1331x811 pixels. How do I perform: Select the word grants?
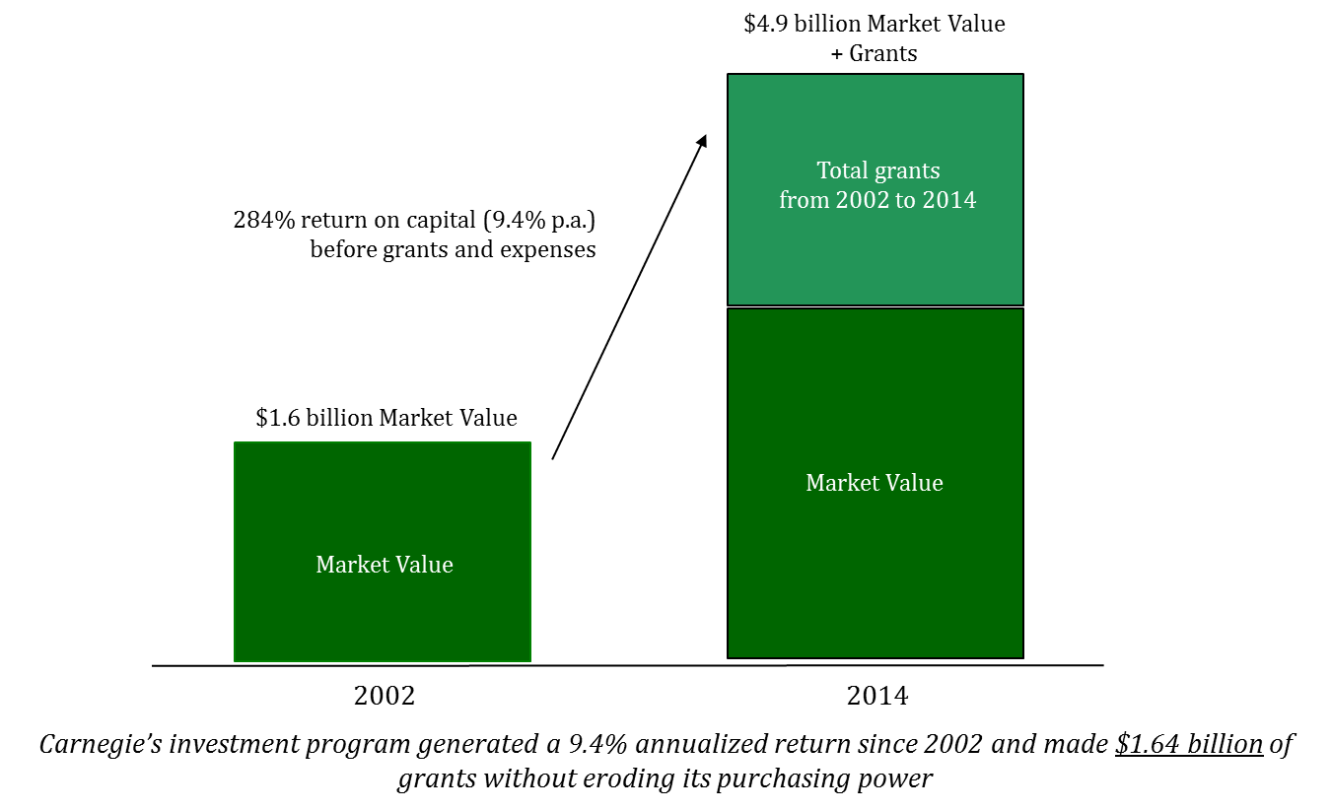coord(907,171)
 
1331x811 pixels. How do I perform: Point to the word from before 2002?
coord(804,200)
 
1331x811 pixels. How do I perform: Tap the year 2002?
coord(862,200)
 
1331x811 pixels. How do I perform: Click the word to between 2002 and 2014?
coord(905,200)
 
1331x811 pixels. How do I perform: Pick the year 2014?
coord(948,200)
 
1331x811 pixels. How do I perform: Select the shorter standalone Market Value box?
coord(383,611)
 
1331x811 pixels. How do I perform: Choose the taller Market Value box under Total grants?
coord(876,572)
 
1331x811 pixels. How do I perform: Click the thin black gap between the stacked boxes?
coord(876,306)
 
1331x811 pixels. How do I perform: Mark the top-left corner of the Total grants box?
coord(731,77)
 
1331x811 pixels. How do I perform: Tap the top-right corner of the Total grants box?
coord(1020,77)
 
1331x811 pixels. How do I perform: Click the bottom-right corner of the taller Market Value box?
coord(1020,655)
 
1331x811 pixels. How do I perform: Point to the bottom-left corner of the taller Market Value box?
coord(731,655)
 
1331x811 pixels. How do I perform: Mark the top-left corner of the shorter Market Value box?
coord(236,443)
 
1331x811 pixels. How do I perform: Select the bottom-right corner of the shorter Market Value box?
coord(529,660)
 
